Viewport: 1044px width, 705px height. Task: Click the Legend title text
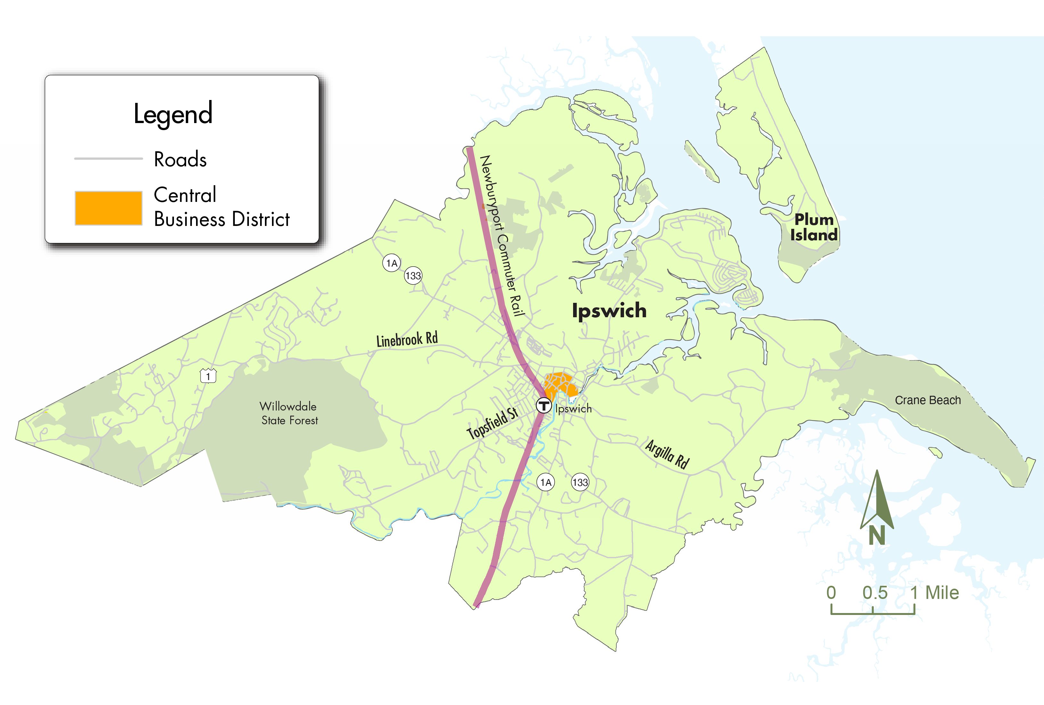(173, 114)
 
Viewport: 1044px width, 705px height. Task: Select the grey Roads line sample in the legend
(108, 159)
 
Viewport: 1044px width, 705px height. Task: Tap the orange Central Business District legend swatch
(108, 208)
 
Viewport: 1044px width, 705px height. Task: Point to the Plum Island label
(814, 227)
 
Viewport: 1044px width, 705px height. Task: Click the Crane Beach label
(928, 400)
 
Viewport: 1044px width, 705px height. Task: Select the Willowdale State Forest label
(289, 413)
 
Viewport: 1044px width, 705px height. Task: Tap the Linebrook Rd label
(407, 340)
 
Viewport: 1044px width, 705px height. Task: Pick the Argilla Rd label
(667, 454)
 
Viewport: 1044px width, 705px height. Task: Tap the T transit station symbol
(544, 405)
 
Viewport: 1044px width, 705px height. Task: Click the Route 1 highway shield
(208, 376)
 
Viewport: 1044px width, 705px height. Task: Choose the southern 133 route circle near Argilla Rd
(580, 483)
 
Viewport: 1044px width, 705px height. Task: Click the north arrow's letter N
(876, 535)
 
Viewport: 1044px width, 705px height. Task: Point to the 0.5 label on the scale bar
(875, 593)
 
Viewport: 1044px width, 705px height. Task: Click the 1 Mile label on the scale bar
(934, 593)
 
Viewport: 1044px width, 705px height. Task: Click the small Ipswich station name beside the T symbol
(573, 409)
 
